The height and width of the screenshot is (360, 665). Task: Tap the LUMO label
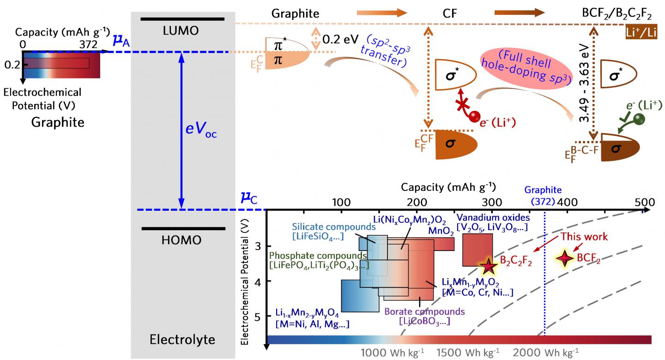(182, 31)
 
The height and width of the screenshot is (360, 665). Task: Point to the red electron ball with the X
(472, 117)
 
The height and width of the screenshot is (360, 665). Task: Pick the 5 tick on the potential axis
(256, 316)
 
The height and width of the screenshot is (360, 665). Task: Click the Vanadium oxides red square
(477, 250)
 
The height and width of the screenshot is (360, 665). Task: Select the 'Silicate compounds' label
(333, 227)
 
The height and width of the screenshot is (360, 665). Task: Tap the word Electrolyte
(182, 340)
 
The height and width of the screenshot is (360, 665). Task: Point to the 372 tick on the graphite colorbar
(87, 44)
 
